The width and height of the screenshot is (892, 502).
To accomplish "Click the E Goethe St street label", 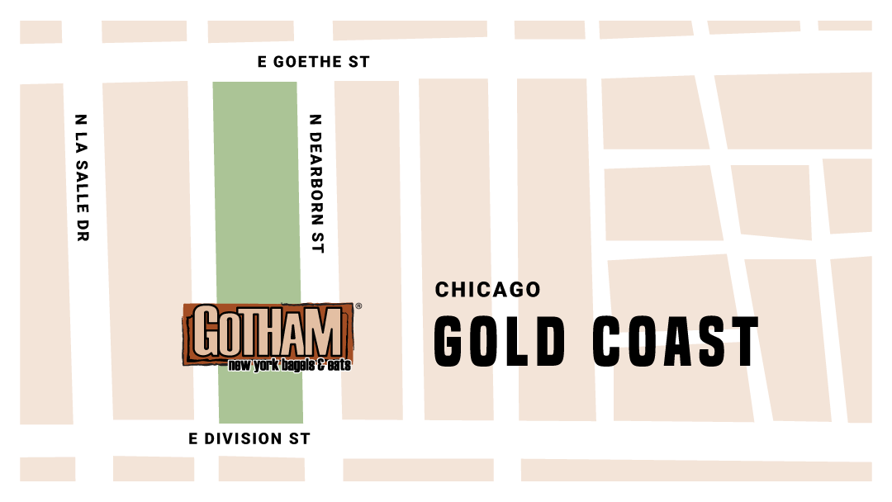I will (x=314, y=62).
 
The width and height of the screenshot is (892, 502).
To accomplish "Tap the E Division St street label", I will (x=249, y=439).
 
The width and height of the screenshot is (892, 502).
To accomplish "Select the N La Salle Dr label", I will (x=81, y=178).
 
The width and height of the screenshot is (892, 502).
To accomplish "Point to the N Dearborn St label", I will (x=316, y=182).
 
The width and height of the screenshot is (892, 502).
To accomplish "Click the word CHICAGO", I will (x=487, y=290).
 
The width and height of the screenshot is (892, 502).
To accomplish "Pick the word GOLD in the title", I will (x=501, y=341).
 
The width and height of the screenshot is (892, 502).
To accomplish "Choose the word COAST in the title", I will (x=675, y=341).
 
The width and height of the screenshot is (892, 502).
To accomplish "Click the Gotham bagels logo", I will (x=269, y=334).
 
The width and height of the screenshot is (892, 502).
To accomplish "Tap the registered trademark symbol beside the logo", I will (x=357, y=306).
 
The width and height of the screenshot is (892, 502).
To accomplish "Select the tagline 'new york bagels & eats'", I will (x=289, y=364).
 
